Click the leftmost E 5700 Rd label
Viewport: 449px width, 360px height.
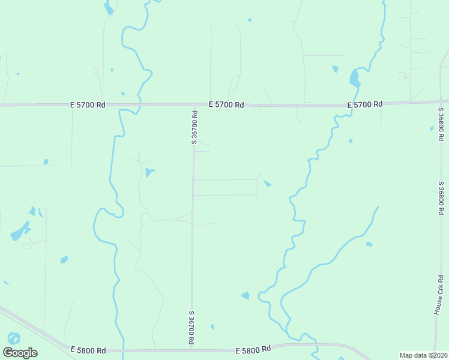tap(88, 104)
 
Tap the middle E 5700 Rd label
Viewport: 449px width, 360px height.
tap(226, 104)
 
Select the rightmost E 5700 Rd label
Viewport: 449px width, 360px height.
tap(365, 104)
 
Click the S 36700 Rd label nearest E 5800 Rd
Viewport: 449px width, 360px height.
tap(191, 328)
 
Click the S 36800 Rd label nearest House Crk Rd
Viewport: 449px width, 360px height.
tap(441, 200)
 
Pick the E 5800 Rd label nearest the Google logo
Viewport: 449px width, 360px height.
tap(88, 350)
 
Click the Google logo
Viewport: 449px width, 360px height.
tap(20, 352)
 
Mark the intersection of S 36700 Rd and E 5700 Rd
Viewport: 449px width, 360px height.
tap(194, 104)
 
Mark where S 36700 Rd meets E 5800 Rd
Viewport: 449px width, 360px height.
tap(191, 350)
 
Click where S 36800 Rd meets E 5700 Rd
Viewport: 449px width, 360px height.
tap(441, 101)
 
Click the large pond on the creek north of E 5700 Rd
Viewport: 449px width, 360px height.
tap(355, 78)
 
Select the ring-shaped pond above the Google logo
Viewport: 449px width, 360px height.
tap(13, 338)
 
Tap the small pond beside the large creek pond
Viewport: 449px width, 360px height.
tap(335, 69)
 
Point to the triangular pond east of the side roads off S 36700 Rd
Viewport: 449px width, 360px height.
tap(268, 184)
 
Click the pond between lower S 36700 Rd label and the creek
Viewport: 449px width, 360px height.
tap(245, 295)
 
